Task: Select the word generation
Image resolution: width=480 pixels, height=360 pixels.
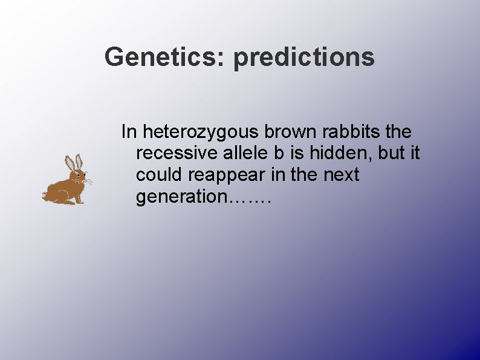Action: [x=180, y=197]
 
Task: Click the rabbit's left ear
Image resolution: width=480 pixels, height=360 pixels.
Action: [x=70, y=163]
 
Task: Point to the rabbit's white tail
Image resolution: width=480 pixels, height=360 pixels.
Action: [x=44, y=195]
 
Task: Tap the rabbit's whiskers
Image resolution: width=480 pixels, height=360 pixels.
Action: [x=88, y=180]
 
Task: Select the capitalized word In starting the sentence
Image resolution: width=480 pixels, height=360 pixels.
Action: [x=128, y=131]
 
